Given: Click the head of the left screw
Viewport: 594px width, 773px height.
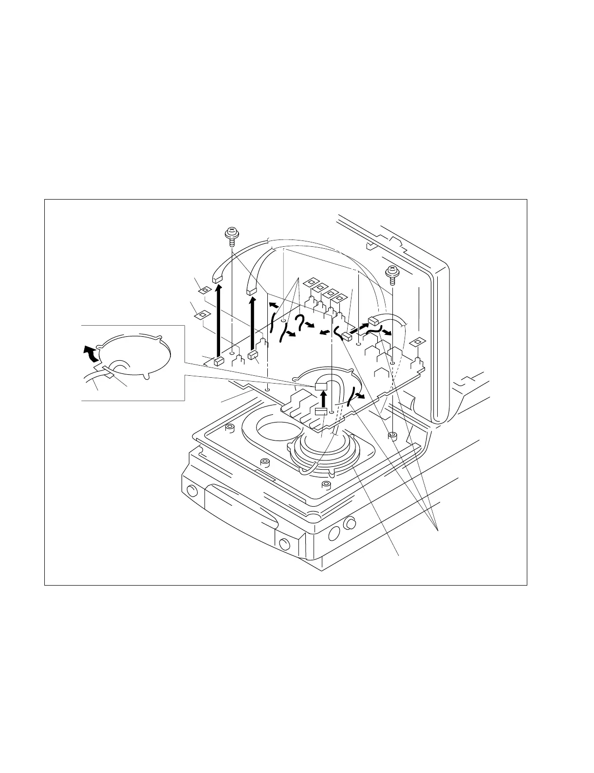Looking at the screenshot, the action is [x=231, y=232].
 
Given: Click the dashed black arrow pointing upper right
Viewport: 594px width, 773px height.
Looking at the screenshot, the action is [x=359, y=328].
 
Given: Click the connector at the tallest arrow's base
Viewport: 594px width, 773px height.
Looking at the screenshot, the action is [x=218, y=361].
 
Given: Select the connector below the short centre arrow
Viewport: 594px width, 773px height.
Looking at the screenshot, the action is [x=320, y=412].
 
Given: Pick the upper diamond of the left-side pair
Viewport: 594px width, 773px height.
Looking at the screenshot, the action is [x=205, y=291].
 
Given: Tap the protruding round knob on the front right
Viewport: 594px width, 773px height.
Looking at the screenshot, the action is [x=349, y=524].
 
